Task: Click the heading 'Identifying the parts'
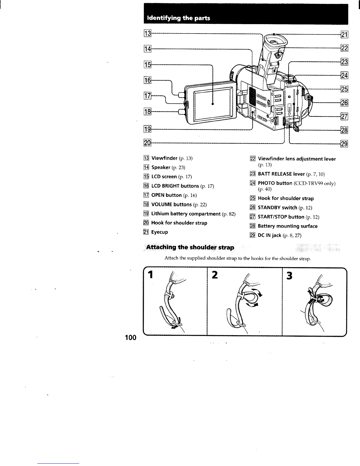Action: click(177, 18)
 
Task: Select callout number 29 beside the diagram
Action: click(344, 144)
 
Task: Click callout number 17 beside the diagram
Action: click(147, 96)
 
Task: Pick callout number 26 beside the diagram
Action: click(344, 103)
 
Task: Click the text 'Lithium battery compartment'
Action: click(186, 214)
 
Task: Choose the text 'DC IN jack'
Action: click(269, 235)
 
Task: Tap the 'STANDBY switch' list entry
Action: click(277, 207)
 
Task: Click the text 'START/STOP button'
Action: click(281, 217)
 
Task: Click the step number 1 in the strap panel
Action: click(151, 275)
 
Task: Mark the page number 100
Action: click(131, 337)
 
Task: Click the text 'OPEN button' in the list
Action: click(166, 195)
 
